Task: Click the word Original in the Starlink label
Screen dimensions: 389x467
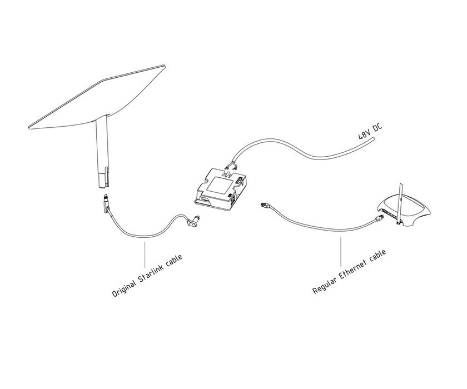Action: click(124, 286)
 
